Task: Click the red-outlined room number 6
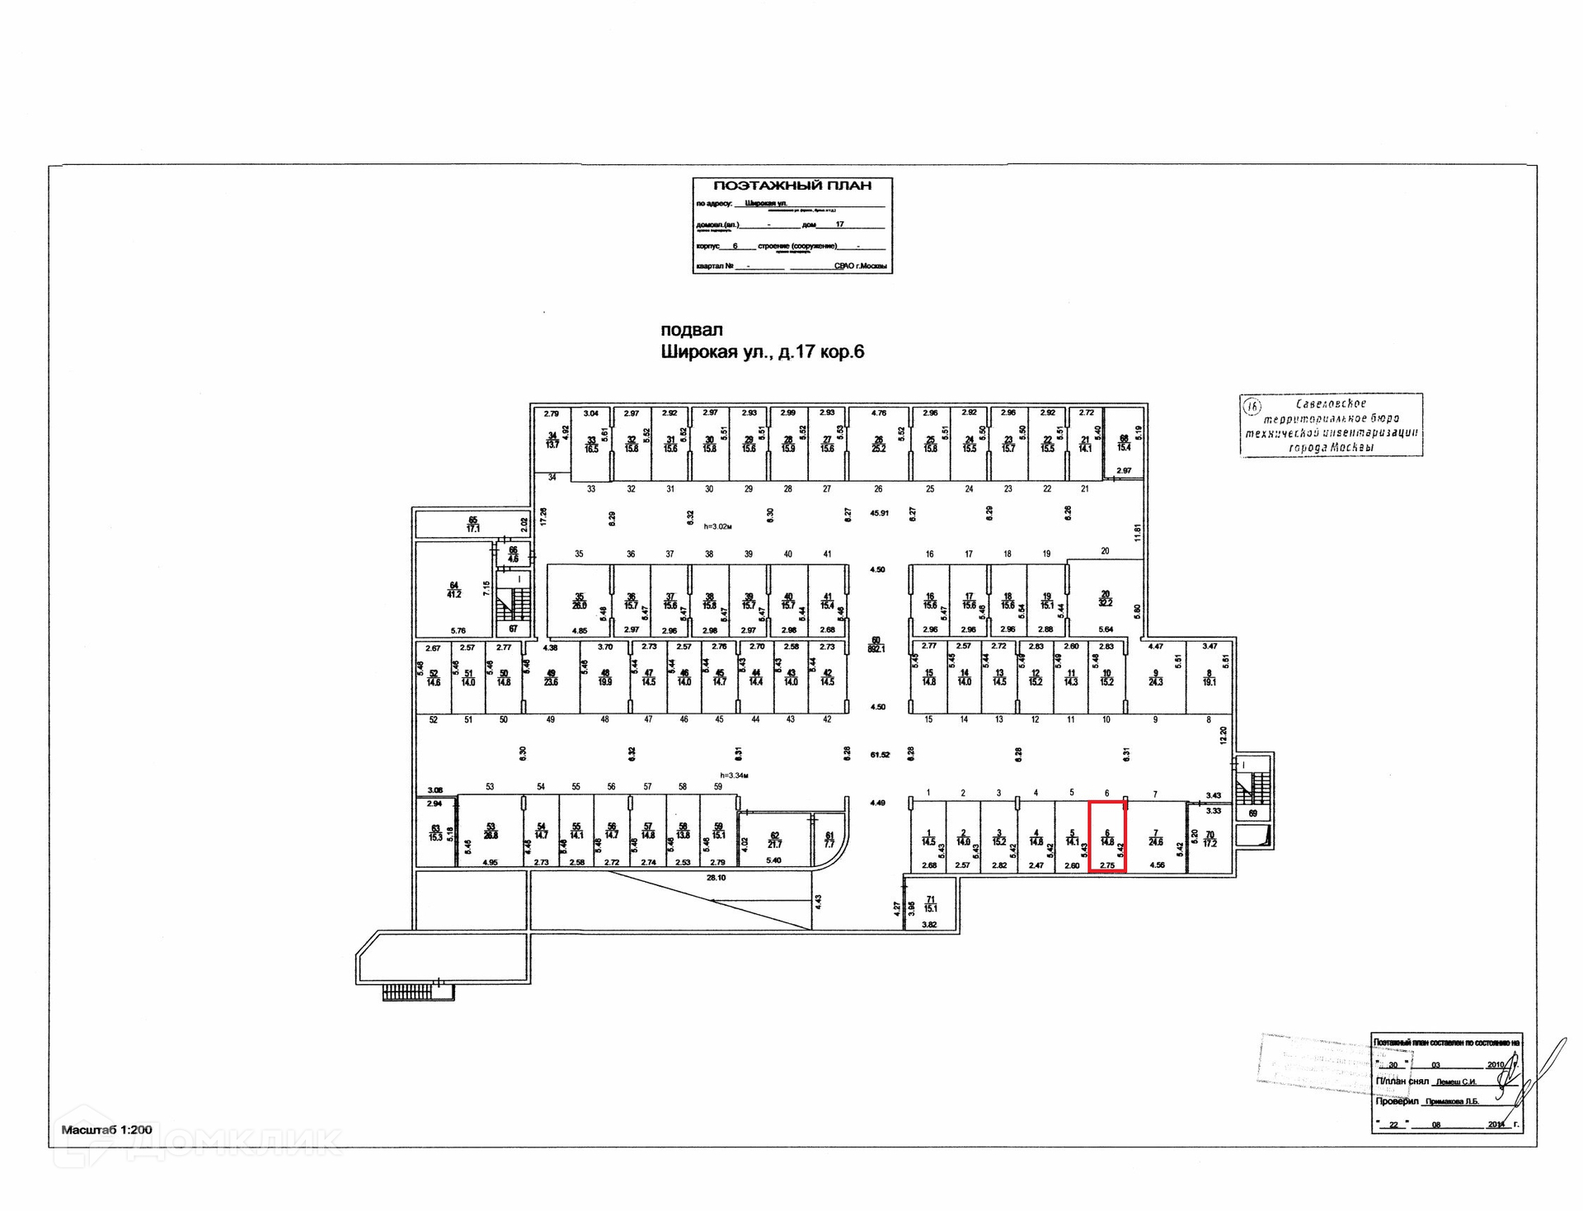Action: point(1107,836)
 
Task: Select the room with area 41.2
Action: point(453,589)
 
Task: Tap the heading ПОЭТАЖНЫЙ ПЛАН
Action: point(791,186)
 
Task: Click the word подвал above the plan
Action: point(691,330)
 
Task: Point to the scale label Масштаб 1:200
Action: point(106,1129)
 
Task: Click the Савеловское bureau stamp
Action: point(1331,425)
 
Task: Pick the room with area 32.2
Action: point(1106,598)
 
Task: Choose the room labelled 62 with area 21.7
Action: point(774,840)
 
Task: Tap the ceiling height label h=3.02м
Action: point(717,525)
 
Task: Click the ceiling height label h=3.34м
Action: point(734,775)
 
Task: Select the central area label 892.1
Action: point(876,644)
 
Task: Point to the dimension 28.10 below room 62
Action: point(716,878)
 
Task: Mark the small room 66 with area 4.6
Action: point(513,554)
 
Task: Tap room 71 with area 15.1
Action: point(931,904)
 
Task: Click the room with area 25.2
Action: point(879,444)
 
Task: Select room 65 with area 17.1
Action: point(472,524)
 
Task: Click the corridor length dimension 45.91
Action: point(879,512)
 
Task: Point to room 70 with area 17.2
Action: point(1210,840)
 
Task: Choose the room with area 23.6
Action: point(551,678)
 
